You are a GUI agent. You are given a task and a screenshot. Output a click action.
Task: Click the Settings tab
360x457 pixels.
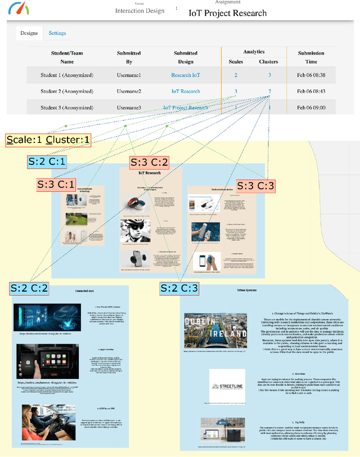(57, 33)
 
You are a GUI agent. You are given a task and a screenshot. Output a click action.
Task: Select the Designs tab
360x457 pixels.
(29, 33)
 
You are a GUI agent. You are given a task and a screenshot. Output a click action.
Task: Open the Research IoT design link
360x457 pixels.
(186, 75)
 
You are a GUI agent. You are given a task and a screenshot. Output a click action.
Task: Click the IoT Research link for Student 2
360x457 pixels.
(186, 91)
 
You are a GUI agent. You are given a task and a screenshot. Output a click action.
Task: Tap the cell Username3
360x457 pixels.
(129, 107)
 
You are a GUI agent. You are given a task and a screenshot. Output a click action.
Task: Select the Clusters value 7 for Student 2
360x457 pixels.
(269, 91)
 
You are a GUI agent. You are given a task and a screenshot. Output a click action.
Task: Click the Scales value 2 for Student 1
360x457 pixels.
(236, 75)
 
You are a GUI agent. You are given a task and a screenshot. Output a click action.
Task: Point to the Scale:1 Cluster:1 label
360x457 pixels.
(48, 140)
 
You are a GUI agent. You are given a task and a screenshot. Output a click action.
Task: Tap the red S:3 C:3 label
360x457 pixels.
(256, 186)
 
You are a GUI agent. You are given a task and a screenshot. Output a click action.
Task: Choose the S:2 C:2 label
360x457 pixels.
(29, 289)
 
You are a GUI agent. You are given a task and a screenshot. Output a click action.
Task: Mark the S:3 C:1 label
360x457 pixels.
(56, 184)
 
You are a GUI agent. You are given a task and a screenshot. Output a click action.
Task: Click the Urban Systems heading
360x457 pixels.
(247, 291)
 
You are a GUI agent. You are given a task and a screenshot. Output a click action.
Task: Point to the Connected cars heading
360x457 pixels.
(84, 291)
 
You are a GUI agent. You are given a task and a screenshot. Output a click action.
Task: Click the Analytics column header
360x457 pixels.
(254, 52)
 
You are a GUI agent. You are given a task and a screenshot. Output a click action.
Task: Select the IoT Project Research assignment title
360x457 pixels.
(227, 13)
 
